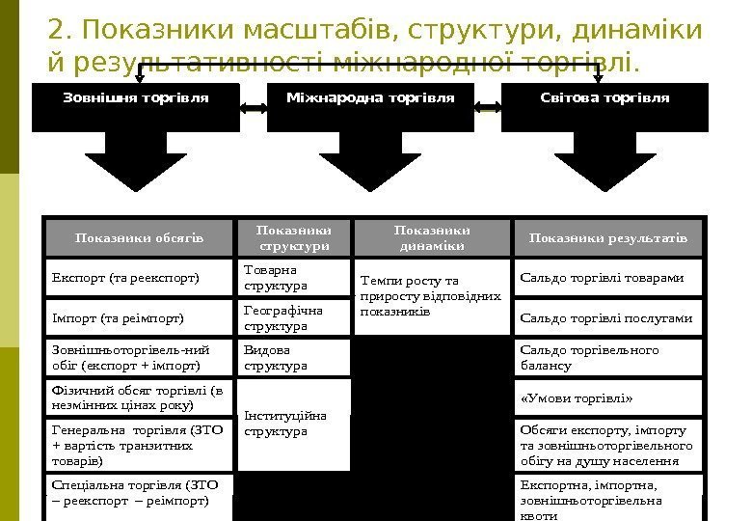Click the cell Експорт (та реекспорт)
(x=141, y=278)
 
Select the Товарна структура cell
(x=293, y=278)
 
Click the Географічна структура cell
(x=293, y=317)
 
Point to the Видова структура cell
(x=293, y=357)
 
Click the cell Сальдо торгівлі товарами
(x=608, y=278)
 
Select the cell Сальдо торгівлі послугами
(x=608, y=316)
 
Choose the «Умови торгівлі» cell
(x=608, y=397)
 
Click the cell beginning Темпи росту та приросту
(x=432, y=296)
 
